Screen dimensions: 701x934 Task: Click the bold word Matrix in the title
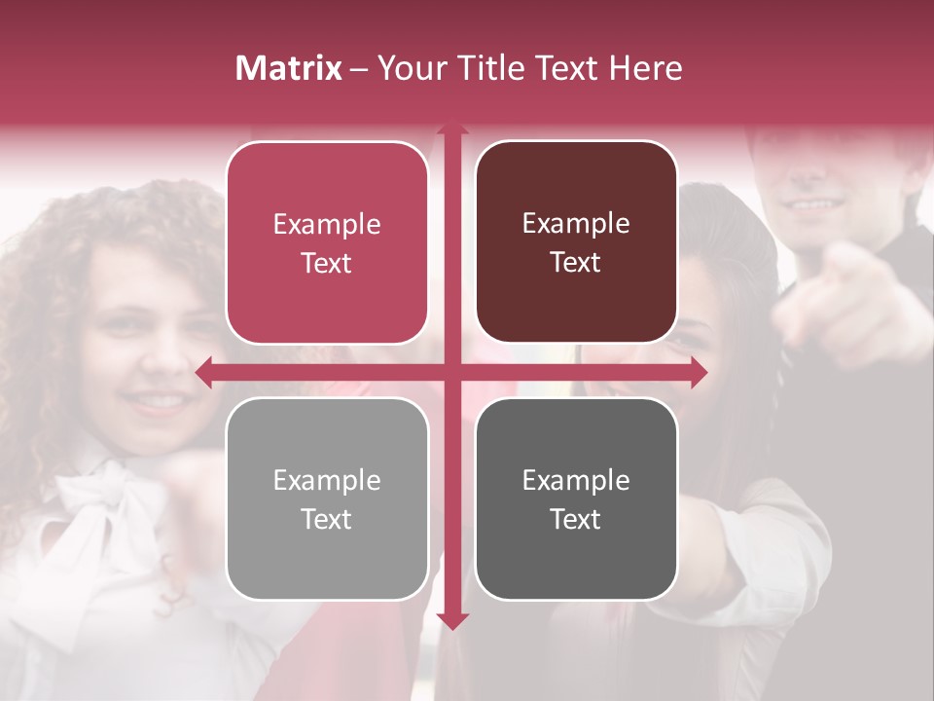point(288,68)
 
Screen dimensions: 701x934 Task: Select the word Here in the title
point(645,68)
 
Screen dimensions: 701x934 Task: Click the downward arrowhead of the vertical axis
point(451,621)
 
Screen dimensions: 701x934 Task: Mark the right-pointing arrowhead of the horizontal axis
point(698,372)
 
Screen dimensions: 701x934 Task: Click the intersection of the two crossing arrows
point(451,372)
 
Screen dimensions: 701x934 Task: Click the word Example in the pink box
point(327,225)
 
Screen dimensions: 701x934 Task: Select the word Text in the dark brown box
point(576,262)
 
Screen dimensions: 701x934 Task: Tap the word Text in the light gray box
point(327,519)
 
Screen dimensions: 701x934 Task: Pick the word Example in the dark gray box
point(576,480)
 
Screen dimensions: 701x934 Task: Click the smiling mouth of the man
point(813,205)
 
